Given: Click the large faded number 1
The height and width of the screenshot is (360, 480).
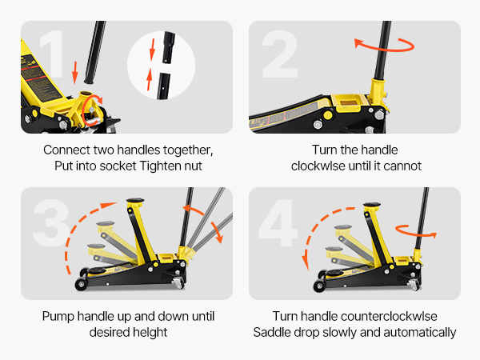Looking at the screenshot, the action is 53,54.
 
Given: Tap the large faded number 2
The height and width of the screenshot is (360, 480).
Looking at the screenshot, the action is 280,54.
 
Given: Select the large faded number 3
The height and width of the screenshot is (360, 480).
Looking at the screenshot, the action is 51,222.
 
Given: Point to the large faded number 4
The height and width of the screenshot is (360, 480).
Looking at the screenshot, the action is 278,222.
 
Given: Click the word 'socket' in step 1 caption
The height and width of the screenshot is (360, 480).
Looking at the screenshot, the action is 118,166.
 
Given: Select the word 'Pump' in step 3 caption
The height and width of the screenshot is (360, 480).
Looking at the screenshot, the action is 58,317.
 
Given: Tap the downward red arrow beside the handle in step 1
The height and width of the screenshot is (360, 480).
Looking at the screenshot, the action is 75,73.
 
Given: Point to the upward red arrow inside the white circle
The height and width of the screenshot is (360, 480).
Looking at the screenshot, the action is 149,79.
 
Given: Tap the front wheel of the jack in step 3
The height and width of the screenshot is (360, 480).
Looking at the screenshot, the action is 81,284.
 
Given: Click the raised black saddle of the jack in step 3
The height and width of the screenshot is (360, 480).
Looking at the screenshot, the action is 135,201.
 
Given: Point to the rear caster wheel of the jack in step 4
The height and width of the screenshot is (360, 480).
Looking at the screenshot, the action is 414,285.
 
